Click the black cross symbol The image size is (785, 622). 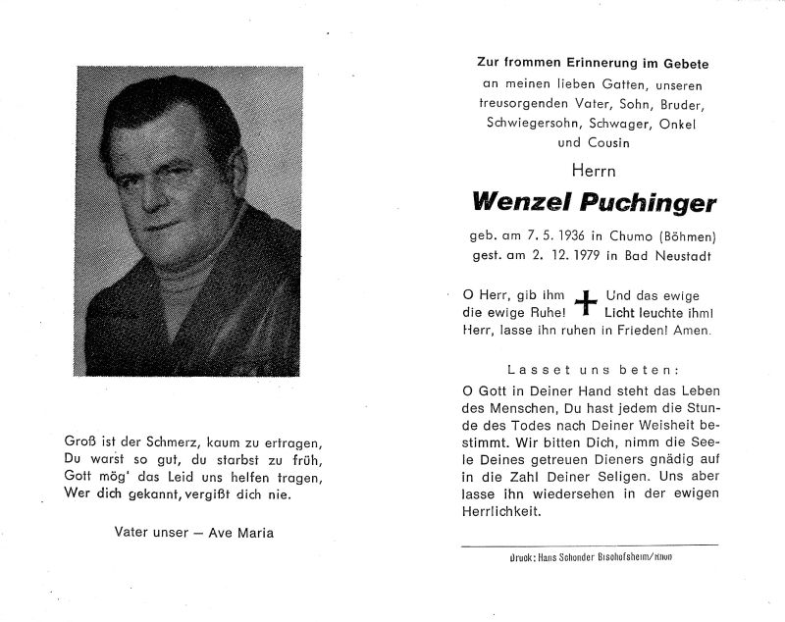[586, 303]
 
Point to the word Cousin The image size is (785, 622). [608, 142]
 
